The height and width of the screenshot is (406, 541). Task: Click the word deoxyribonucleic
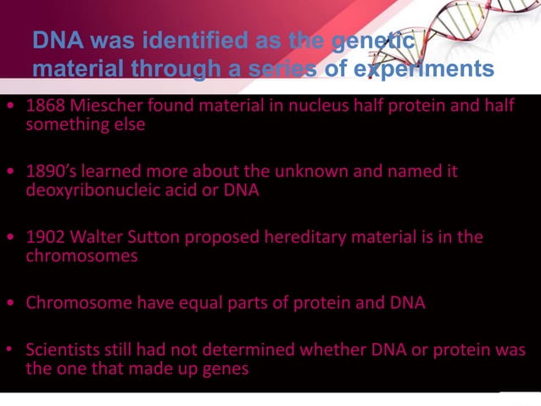[90, 190]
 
